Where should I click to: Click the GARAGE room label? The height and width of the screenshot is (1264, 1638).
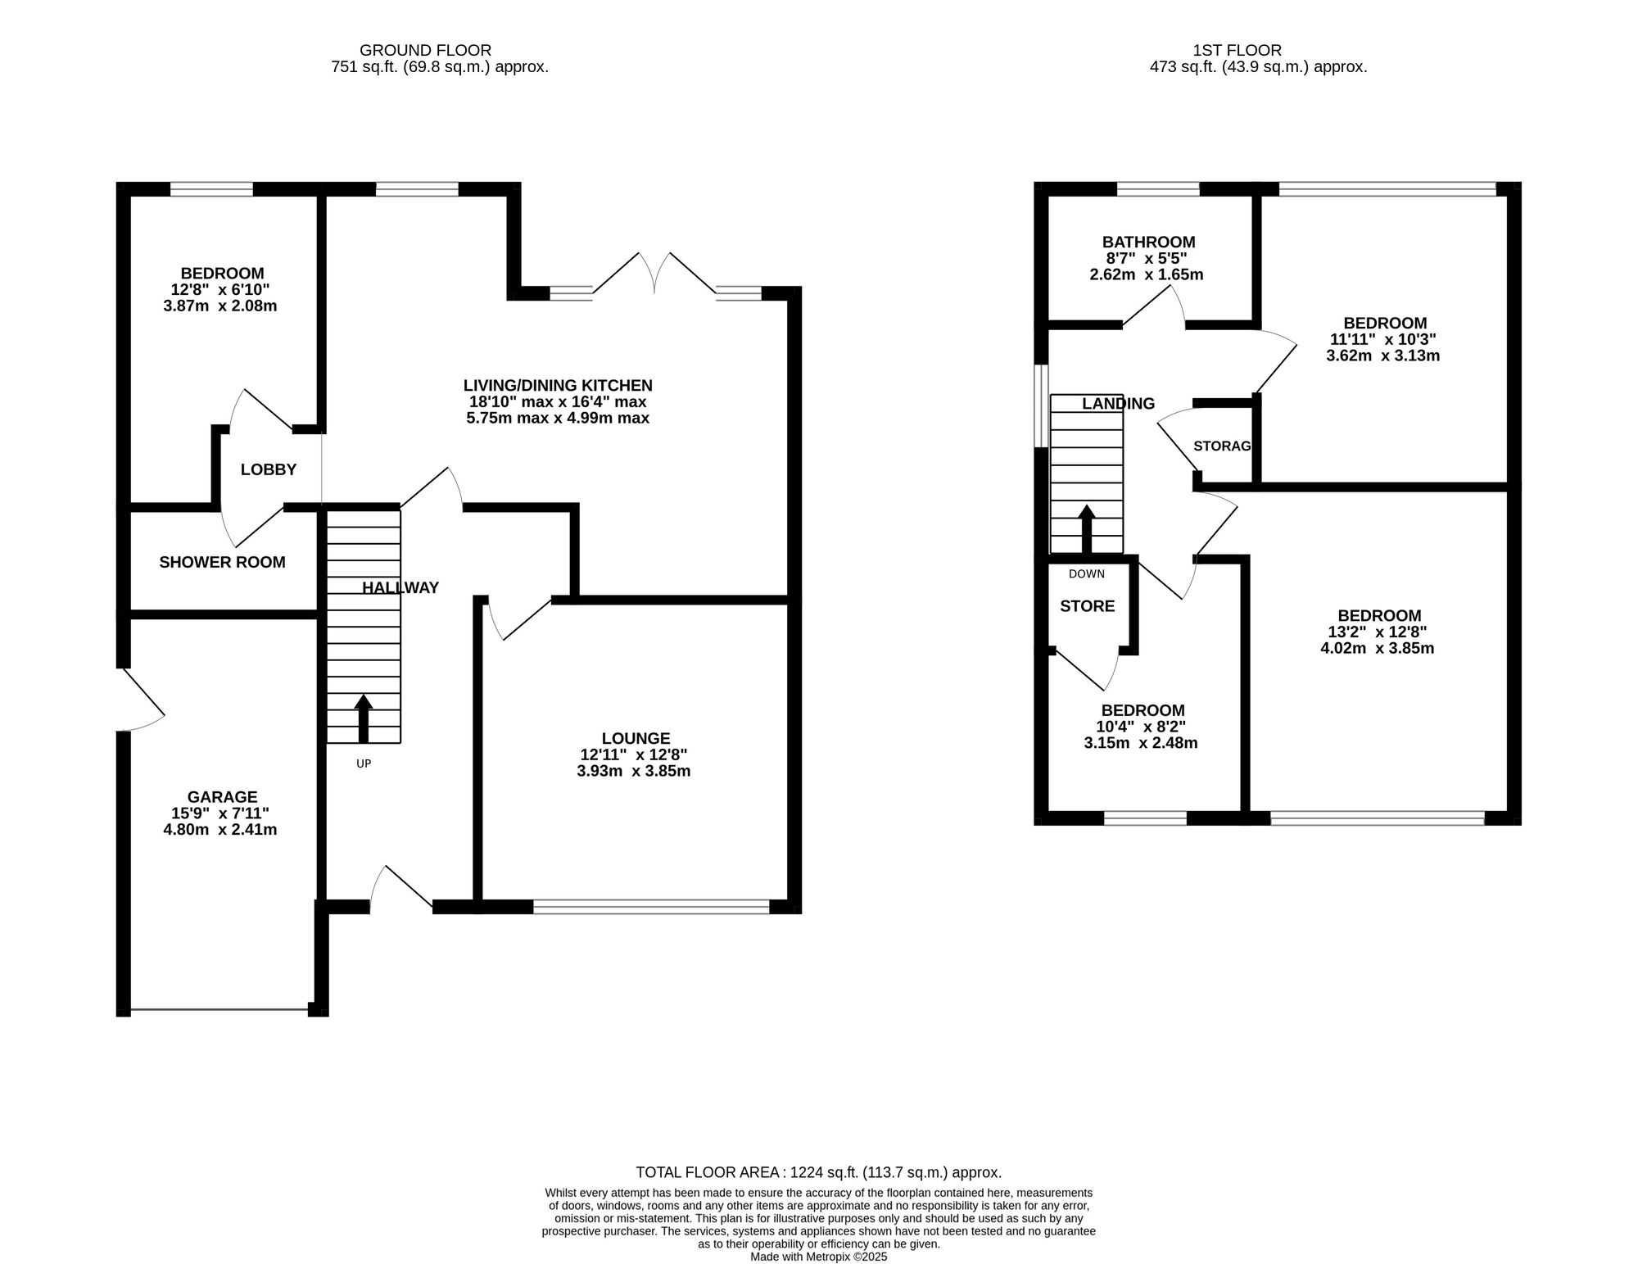222,797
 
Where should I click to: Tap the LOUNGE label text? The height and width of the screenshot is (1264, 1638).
636,738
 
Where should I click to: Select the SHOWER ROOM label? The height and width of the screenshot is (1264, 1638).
222,562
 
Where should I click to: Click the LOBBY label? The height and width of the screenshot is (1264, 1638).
268,469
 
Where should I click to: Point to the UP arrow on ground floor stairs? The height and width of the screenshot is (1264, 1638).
363,718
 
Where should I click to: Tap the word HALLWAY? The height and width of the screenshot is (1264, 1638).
400,587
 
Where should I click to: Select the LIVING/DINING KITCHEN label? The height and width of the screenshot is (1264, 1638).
558,385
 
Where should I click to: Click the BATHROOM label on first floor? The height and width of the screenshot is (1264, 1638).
1148,242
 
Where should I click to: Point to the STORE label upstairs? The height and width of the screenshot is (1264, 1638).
1087,606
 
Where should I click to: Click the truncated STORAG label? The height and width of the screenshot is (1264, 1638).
1222,446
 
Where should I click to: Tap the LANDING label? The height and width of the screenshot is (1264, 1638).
1118,403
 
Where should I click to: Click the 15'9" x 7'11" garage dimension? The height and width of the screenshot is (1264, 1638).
219,813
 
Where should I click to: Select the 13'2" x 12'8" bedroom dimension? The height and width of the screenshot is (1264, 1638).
1379,632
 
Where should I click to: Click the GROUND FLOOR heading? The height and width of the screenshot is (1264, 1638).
425,51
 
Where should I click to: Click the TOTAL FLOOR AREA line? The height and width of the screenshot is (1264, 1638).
818,1172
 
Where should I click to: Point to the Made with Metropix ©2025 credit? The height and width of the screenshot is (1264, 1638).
818,1256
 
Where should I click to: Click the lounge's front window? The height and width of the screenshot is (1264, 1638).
651,906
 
